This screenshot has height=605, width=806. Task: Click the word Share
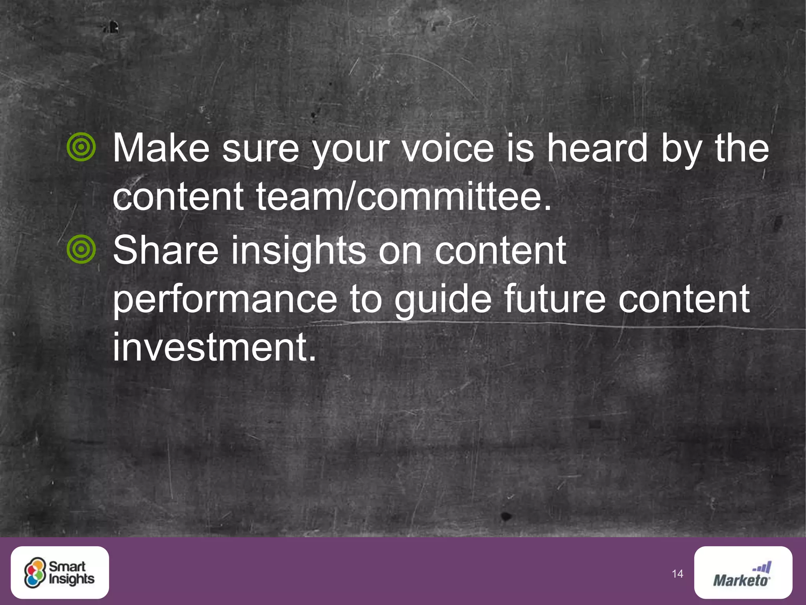166,250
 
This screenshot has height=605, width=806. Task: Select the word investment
214,347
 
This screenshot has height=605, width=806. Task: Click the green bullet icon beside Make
81,147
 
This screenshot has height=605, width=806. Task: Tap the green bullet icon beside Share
81,249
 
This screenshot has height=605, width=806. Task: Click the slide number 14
677,574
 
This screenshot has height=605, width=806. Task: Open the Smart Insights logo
60,572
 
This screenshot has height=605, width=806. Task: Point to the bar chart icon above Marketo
762,568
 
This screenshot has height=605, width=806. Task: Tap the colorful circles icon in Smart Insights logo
35,573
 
